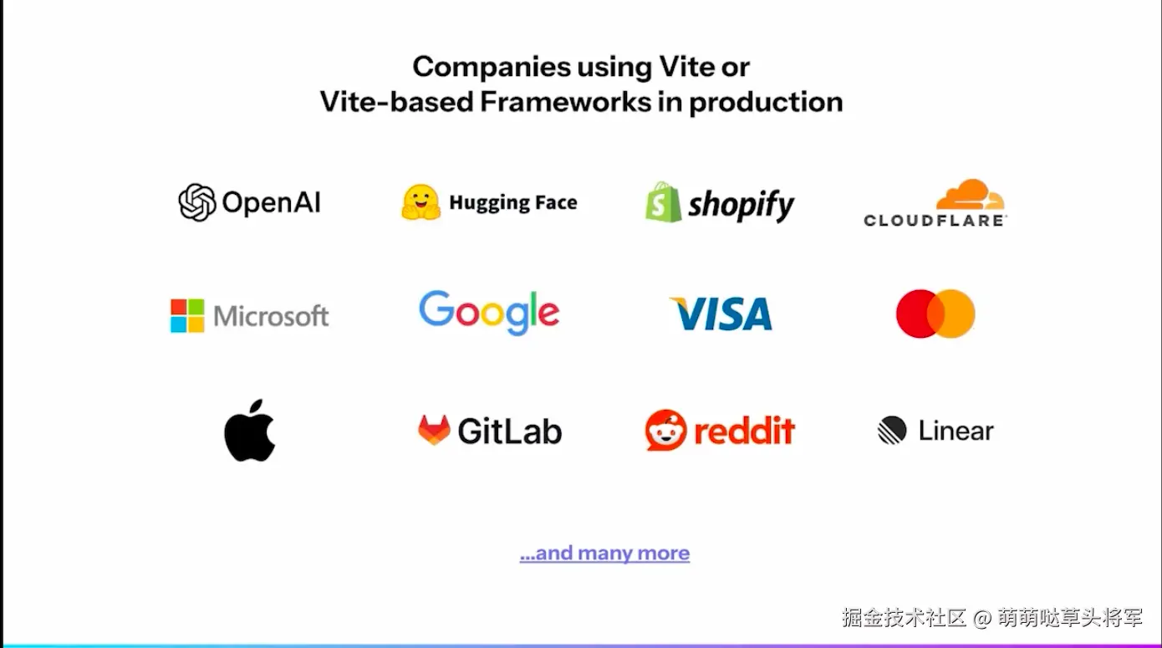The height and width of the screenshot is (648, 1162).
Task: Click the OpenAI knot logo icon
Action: [x=197, y=202]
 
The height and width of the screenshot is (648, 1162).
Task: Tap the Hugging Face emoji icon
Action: [x=420, y=202]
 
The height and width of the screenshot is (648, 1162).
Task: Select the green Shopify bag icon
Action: [x=663, y=202]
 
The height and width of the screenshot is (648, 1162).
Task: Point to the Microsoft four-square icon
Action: [x=187, y=316]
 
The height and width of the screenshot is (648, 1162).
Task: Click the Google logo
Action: [x=489, y=313]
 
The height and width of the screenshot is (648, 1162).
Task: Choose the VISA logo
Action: [x=721, y=314]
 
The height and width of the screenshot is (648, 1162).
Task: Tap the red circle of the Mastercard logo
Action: [x=916, y=314]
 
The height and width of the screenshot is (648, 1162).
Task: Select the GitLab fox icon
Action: [x=434, y=430]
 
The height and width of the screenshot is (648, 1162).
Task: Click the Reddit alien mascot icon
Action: [x=665, y=430]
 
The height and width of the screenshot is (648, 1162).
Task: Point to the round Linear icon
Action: [x=892, y=431]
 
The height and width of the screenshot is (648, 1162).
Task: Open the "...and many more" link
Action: [x=604, y=554]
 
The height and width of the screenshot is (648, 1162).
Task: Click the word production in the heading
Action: [x=766, y=102]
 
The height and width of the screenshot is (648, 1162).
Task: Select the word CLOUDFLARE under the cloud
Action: [x=935, y=221]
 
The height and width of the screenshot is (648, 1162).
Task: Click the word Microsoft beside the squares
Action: [x=271, y=316]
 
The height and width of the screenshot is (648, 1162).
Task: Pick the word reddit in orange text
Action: [x=744, y=431]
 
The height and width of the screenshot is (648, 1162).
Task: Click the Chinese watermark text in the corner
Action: [x=991, y=619]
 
